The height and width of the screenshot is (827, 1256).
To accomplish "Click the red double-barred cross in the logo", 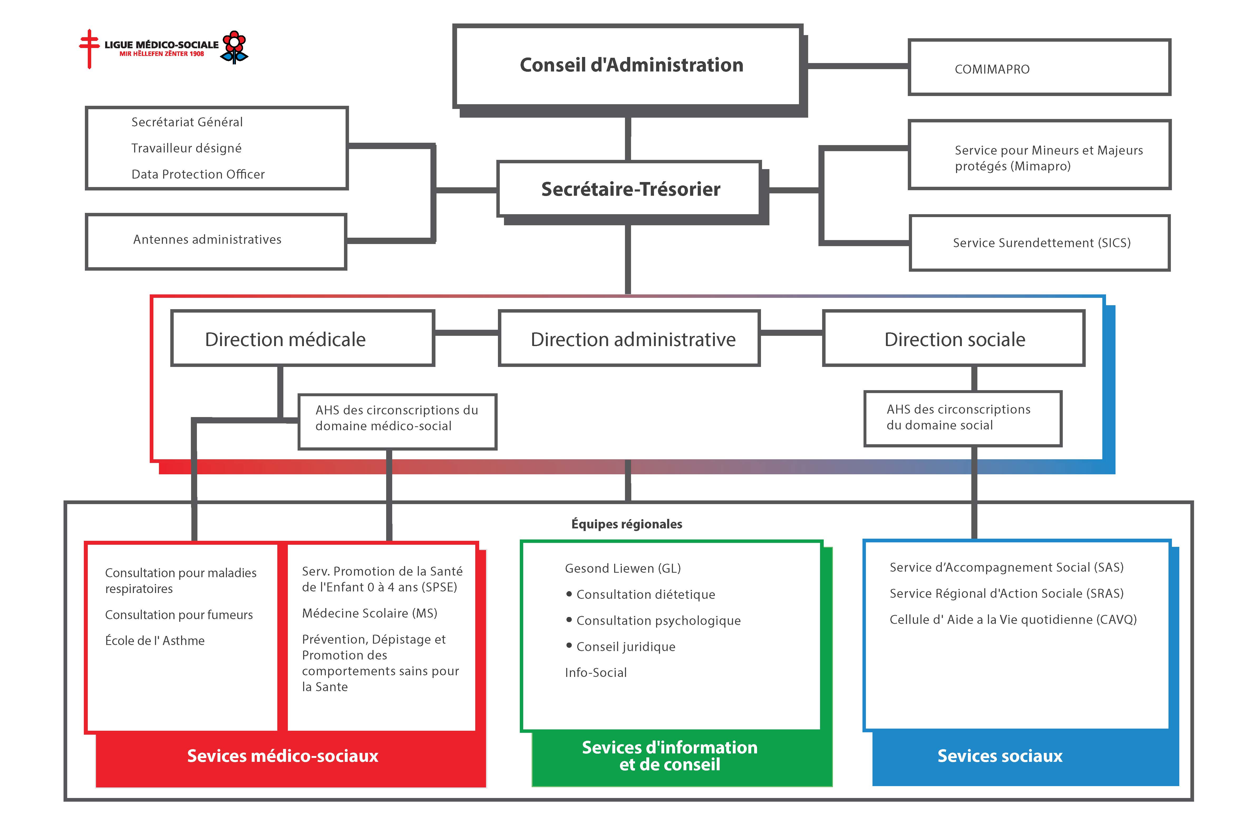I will click(x=89, y=49).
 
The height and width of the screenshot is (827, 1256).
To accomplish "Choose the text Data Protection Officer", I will click(x=198, y=174).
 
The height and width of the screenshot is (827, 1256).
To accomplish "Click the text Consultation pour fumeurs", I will click(x=179, y=615).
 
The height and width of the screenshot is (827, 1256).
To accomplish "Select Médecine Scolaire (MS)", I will click(x=369, y=613).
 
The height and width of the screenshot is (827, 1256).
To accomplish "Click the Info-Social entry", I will click(x=596, y=672).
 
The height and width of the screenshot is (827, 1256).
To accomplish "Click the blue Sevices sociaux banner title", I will click(x=1000, y=756).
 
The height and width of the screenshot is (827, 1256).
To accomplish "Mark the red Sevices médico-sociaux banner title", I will click(x=283, y=756).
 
